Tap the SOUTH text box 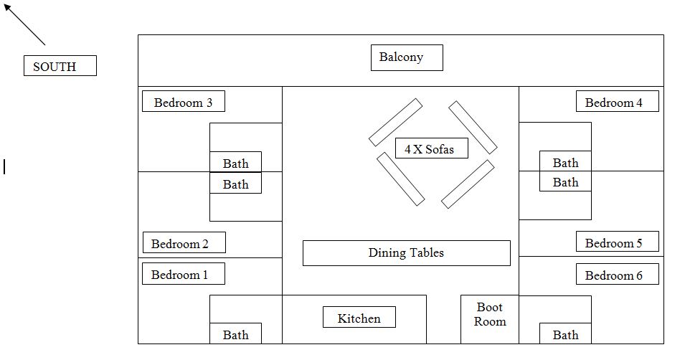[60, 66]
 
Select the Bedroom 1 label [183, 274]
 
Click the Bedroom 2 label [184, 243]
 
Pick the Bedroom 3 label [183, 102]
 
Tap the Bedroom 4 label [617, 102]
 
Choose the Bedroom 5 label [617, 242]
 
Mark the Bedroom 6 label [617, 275]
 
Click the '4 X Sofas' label [431, 148]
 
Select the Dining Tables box [406, 253]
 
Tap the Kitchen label [359, 318]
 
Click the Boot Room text [490, 315]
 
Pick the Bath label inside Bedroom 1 [235, 334]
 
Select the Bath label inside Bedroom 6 [565, 334]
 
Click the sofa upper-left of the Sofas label [395, 123]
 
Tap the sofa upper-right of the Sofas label [473, 127]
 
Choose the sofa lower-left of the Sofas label [400, 179]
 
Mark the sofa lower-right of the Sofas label [468, 184]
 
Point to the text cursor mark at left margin [4, 167]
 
